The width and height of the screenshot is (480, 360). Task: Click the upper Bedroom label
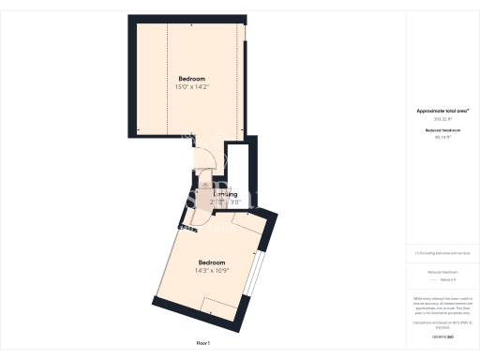coord(191,78)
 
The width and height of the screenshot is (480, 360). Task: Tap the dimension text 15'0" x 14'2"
coord(191,87)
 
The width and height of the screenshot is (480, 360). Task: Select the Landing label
coord(225,194)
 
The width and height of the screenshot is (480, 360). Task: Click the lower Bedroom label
coord(212,262)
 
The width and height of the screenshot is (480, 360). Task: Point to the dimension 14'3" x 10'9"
coord(212,271)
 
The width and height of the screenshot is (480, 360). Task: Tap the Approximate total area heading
coord(442,111)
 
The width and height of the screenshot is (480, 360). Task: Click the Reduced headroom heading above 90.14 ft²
coord(442,129)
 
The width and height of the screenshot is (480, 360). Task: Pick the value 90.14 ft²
coord(442,138)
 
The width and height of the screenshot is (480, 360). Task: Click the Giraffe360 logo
coord(442,336)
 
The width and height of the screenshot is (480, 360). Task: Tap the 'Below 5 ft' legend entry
coord(442,279)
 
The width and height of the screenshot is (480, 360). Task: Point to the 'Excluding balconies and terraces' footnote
coord(442,254)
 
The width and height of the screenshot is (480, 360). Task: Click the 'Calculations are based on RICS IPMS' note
coord(442,323)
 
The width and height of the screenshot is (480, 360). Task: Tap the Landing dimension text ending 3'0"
coord(225,202)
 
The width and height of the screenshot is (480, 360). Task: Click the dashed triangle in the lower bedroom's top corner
coord(247,224)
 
